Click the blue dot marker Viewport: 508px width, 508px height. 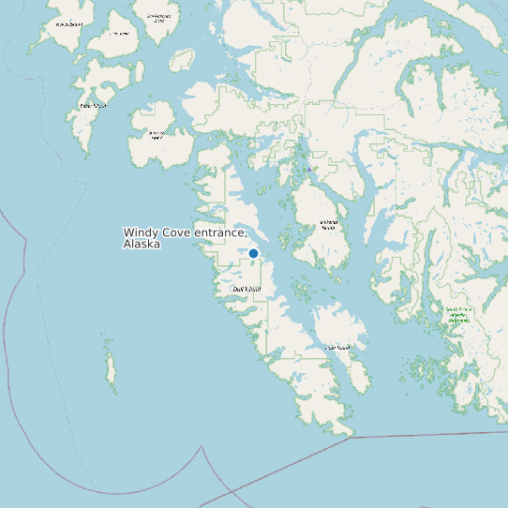[253, 253]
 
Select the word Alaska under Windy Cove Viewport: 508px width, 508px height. [142, 244]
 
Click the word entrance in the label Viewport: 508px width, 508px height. [222, 232]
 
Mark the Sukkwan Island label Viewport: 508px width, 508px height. [328, 225]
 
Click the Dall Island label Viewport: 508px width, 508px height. [247, 290]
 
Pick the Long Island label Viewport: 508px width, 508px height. [336, 348]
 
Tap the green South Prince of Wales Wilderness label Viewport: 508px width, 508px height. [458, 314]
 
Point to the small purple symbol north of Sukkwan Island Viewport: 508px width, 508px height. [308, 169]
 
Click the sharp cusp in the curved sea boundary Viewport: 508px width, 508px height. [201, 448]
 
